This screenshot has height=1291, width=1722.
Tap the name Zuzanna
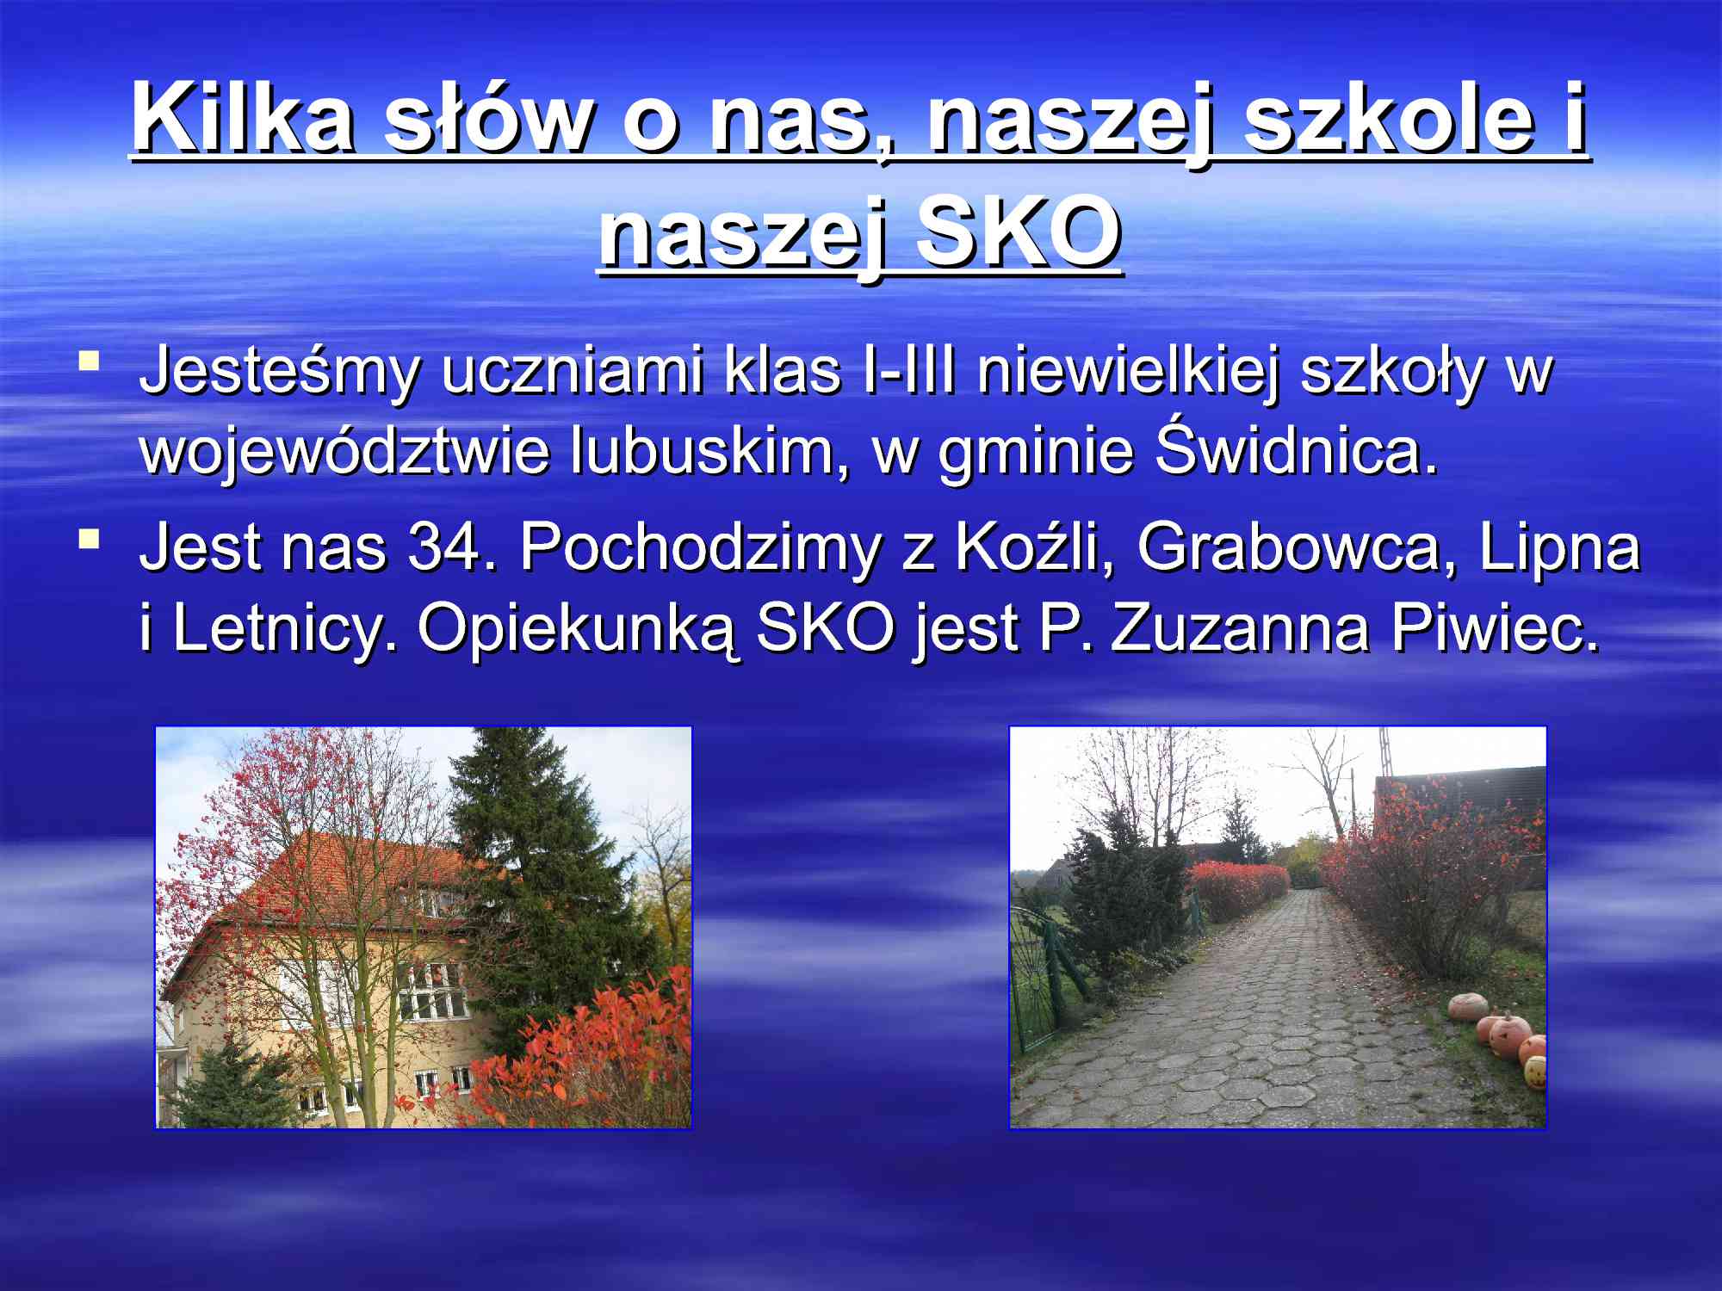1239,628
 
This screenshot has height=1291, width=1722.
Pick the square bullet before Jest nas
88,540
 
